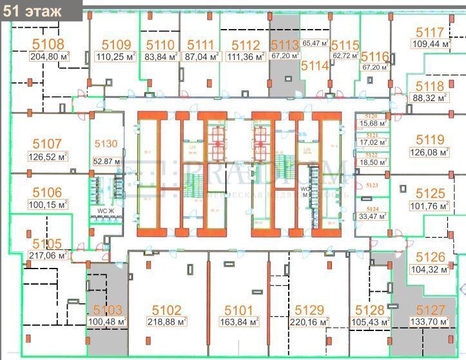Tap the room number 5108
[48, 44]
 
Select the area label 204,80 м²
[48, 56]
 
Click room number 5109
[117, 45]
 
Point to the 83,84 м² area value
[160, 57]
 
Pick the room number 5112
[246, 45]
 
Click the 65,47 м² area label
[316, 44]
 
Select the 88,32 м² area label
[429, 98]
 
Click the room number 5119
[429, 140]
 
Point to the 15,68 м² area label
[373, 123]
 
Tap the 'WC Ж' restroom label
[105, 211]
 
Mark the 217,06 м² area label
[48, 255]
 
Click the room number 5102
[166, 310]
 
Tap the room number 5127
[430, 310]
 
